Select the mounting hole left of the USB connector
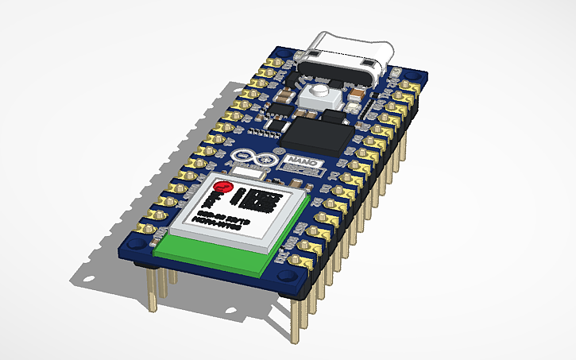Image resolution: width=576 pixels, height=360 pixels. pos(280,60)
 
